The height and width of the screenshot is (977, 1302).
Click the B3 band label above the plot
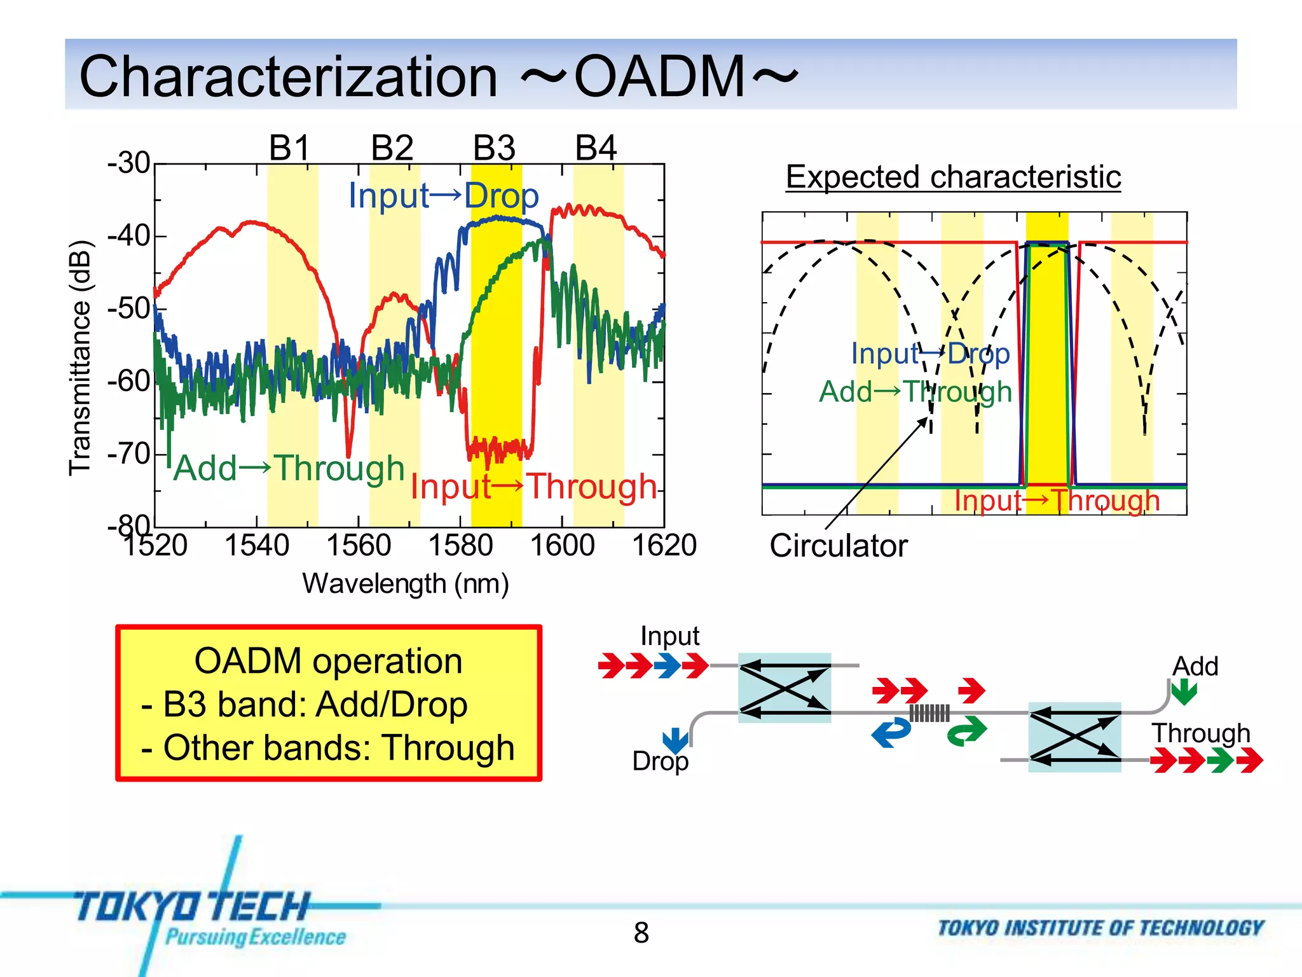494,148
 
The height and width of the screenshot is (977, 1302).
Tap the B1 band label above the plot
290,148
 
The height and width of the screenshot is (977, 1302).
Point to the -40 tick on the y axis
129,236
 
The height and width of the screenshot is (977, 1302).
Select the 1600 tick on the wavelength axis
562,545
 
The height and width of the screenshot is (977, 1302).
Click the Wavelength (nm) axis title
406,583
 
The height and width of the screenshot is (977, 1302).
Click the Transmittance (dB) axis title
81,358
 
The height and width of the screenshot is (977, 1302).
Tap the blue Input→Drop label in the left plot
443,196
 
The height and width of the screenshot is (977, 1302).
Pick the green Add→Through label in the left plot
289,468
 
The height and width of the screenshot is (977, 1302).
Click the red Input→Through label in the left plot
533,487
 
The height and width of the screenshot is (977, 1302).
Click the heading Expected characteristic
953,177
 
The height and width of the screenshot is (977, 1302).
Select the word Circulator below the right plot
839,546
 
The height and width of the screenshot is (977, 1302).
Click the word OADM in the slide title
659,76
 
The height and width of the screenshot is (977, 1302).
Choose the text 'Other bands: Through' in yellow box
338,747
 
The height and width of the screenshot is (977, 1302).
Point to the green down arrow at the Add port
1184,691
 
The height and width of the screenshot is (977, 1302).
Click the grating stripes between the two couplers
929,713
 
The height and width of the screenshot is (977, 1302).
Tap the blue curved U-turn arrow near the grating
891,733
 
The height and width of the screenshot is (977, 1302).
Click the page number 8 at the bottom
641,933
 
